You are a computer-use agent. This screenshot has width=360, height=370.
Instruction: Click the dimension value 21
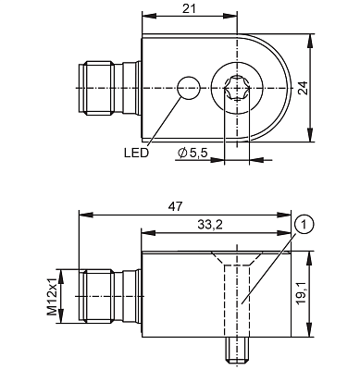point(190,8)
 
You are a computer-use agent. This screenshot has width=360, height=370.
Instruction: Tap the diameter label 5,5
point(197,152)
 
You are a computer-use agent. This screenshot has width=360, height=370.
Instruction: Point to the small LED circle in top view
point(188,88)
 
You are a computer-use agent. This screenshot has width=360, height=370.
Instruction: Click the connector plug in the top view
point(106,88)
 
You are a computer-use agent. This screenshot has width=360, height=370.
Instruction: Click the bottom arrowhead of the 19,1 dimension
point(309,339)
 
